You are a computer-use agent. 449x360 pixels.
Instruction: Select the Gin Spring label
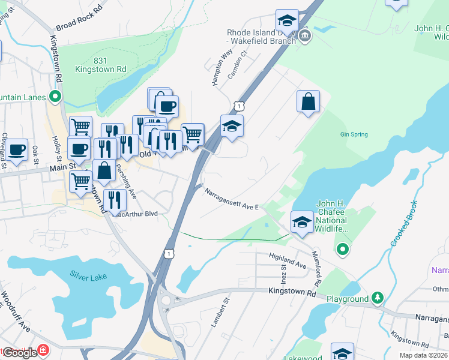pyautogui.click(x=354, y=134)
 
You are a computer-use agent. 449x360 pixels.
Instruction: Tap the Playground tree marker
pyautogui.click(x=378, y=298)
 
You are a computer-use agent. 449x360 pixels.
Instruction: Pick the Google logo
pyautogui.click(x=19, y=352)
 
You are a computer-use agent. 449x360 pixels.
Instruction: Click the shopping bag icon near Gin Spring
pyautogui.click(x=308, y=101)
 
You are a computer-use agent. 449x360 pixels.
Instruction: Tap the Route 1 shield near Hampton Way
pyautogui.click(x=239, y=106)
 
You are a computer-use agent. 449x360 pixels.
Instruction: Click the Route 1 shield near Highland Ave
pyautogui.click(x=171, y=254)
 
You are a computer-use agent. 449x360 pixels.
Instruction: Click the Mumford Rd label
pyautogui.click(x=316, y=268)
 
